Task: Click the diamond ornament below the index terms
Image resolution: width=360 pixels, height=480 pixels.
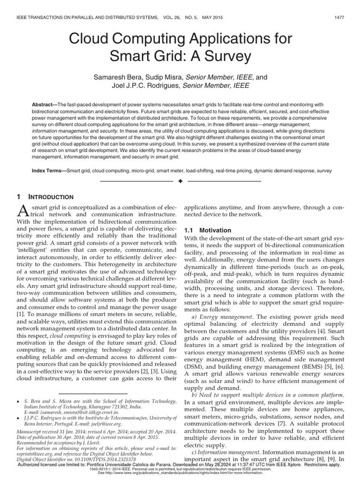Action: coord(180,180)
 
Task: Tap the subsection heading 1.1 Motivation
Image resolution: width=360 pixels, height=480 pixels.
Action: coord(201,230)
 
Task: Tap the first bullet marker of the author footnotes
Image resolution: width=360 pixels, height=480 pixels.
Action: coord(18,402)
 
